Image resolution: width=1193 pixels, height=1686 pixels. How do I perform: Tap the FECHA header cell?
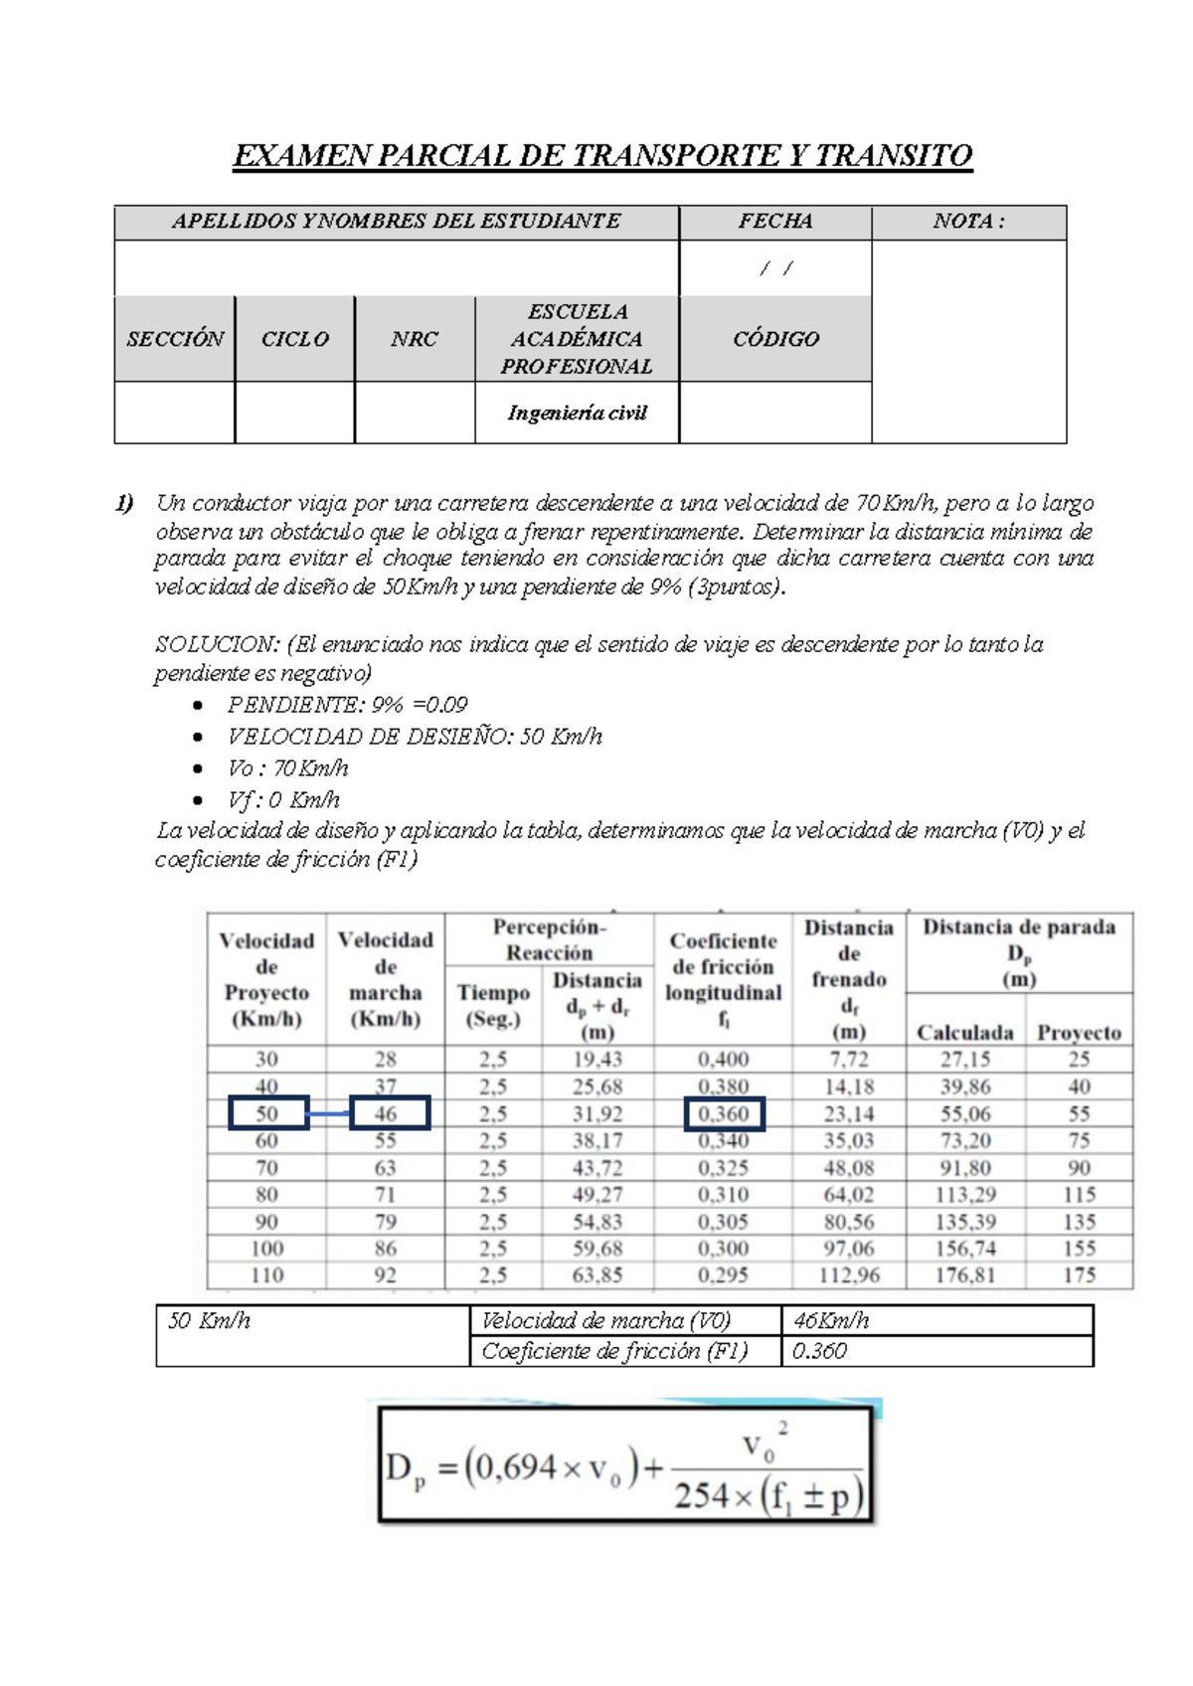774,222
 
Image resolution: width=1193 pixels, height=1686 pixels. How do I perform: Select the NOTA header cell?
967,222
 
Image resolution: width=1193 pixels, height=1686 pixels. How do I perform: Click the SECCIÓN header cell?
175,339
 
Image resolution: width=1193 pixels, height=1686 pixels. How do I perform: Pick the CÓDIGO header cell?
775,339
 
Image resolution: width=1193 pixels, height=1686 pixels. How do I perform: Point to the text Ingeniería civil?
577,413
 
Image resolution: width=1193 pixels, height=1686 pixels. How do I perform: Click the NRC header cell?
414,339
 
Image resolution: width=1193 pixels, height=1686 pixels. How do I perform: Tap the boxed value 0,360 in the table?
724,1114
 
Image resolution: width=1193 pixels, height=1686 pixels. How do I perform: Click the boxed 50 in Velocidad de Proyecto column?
266,1114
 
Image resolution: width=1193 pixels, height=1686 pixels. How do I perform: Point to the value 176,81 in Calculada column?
964,1275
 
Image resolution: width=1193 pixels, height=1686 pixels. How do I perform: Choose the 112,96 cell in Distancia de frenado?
848,1275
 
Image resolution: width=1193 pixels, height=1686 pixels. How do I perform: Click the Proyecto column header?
1079,1033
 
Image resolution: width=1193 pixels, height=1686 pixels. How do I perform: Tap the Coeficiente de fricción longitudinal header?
723,979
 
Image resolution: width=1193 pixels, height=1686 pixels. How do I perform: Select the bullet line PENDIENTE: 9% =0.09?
347,705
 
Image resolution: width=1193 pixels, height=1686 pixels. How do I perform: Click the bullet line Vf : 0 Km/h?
283,800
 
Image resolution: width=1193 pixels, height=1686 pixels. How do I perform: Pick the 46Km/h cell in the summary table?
831,1321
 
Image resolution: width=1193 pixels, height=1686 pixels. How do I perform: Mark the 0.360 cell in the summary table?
819,1352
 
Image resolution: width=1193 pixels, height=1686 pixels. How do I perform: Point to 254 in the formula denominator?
702,1496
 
